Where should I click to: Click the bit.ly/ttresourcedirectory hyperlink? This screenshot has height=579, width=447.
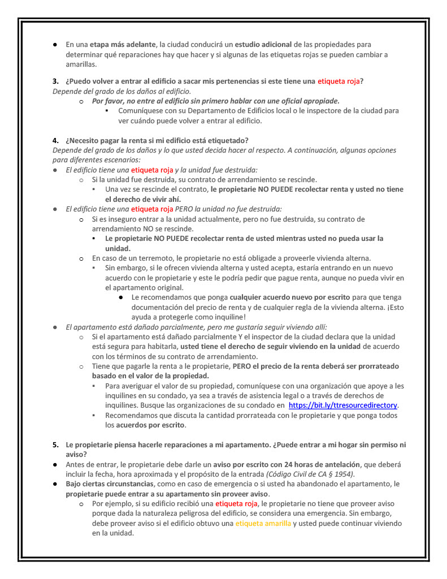click(343, 405)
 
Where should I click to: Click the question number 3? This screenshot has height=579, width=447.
click(55, 81)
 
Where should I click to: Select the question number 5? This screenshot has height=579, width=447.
click(55, 444)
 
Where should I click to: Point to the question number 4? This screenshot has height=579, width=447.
click(55, 140)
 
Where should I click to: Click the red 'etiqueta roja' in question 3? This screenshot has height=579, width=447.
click(338, 81)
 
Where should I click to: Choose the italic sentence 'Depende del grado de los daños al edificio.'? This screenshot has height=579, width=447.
click(121, 90)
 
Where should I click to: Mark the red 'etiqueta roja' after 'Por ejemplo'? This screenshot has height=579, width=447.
click(237, 503)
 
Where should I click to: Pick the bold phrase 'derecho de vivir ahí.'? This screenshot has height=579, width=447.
click(143, 199)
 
